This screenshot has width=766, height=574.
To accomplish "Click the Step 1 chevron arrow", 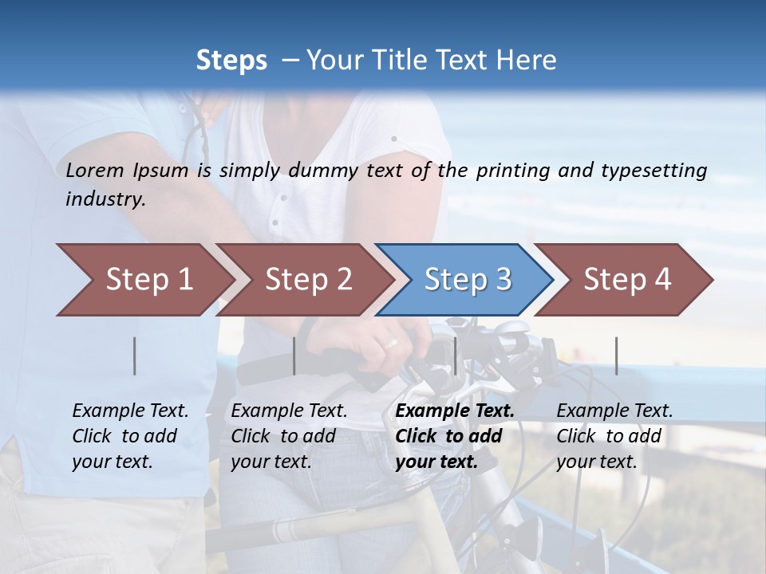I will tap(148, 280).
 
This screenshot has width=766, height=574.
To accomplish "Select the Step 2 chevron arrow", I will tap(307, 280).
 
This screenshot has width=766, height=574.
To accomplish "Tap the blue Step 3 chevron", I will tap(467, 280).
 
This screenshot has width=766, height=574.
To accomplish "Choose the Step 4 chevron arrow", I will tap(626, 280).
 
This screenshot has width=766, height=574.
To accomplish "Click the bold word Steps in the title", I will tap(231, 61).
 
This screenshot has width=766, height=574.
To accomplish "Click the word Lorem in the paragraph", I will tap(95, 171).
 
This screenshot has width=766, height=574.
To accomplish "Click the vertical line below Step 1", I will tap(135, 356).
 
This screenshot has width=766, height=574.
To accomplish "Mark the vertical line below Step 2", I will tap(294, 356).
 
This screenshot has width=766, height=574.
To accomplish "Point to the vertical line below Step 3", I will tap(456, 356).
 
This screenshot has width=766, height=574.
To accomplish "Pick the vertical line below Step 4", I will tap(616, 356).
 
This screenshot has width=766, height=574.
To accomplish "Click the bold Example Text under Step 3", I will tap(455, 411).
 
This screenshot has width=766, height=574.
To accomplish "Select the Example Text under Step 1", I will tap(130, 411).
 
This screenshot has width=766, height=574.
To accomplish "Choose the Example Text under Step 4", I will tap(614, 411).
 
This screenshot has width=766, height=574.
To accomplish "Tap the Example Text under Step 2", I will tap(289, 411).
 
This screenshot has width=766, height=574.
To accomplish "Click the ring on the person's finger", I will tap(392, 344).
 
